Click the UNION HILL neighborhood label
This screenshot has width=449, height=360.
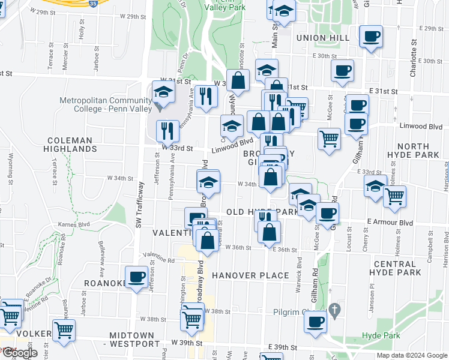tap(323, 38)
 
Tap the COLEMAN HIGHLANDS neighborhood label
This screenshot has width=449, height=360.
tap(70, 145)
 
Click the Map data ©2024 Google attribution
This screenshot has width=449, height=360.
tap(411, 355)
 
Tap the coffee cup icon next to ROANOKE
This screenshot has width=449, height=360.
tap(136, 277)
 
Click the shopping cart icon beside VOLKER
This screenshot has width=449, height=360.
tap(64, 329)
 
